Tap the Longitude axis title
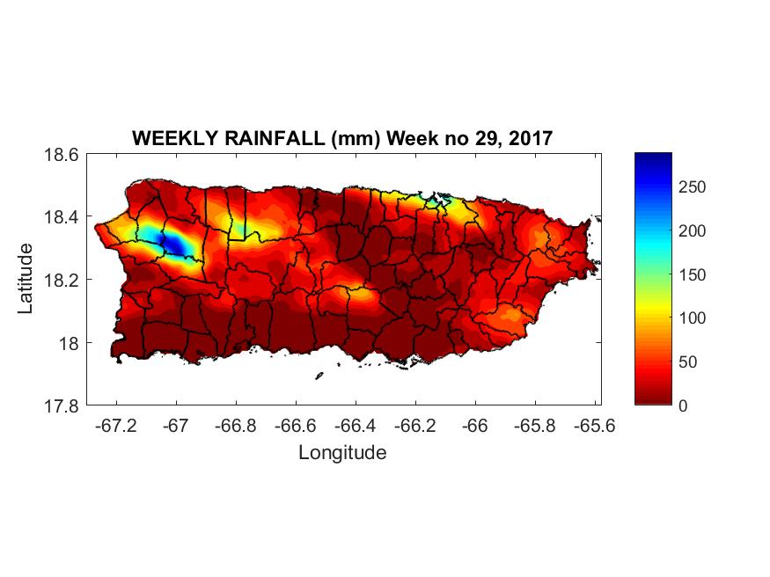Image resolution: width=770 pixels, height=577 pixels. coord(342,453)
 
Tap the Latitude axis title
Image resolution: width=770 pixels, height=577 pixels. coord(26,279)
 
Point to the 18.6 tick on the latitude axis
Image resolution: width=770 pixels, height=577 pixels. coord(61,154)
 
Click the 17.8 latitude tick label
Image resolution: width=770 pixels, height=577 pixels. coord(61,405)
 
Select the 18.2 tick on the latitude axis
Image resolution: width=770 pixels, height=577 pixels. coord(61,280)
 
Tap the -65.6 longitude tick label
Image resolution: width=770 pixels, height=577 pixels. coord(594,426)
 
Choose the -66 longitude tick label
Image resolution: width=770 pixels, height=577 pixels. coord(475,426)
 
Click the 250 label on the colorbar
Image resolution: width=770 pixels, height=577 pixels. coord(693,187)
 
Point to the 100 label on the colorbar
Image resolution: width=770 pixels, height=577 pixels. coord(693,318)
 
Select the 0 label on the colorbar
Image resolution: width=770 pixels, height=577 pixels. coord(684,405)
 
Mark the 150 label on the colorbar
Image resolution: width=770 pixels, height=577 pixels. coord(693,274)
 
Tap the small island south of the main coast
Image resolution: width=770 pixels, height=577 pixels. coord(319,376)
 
